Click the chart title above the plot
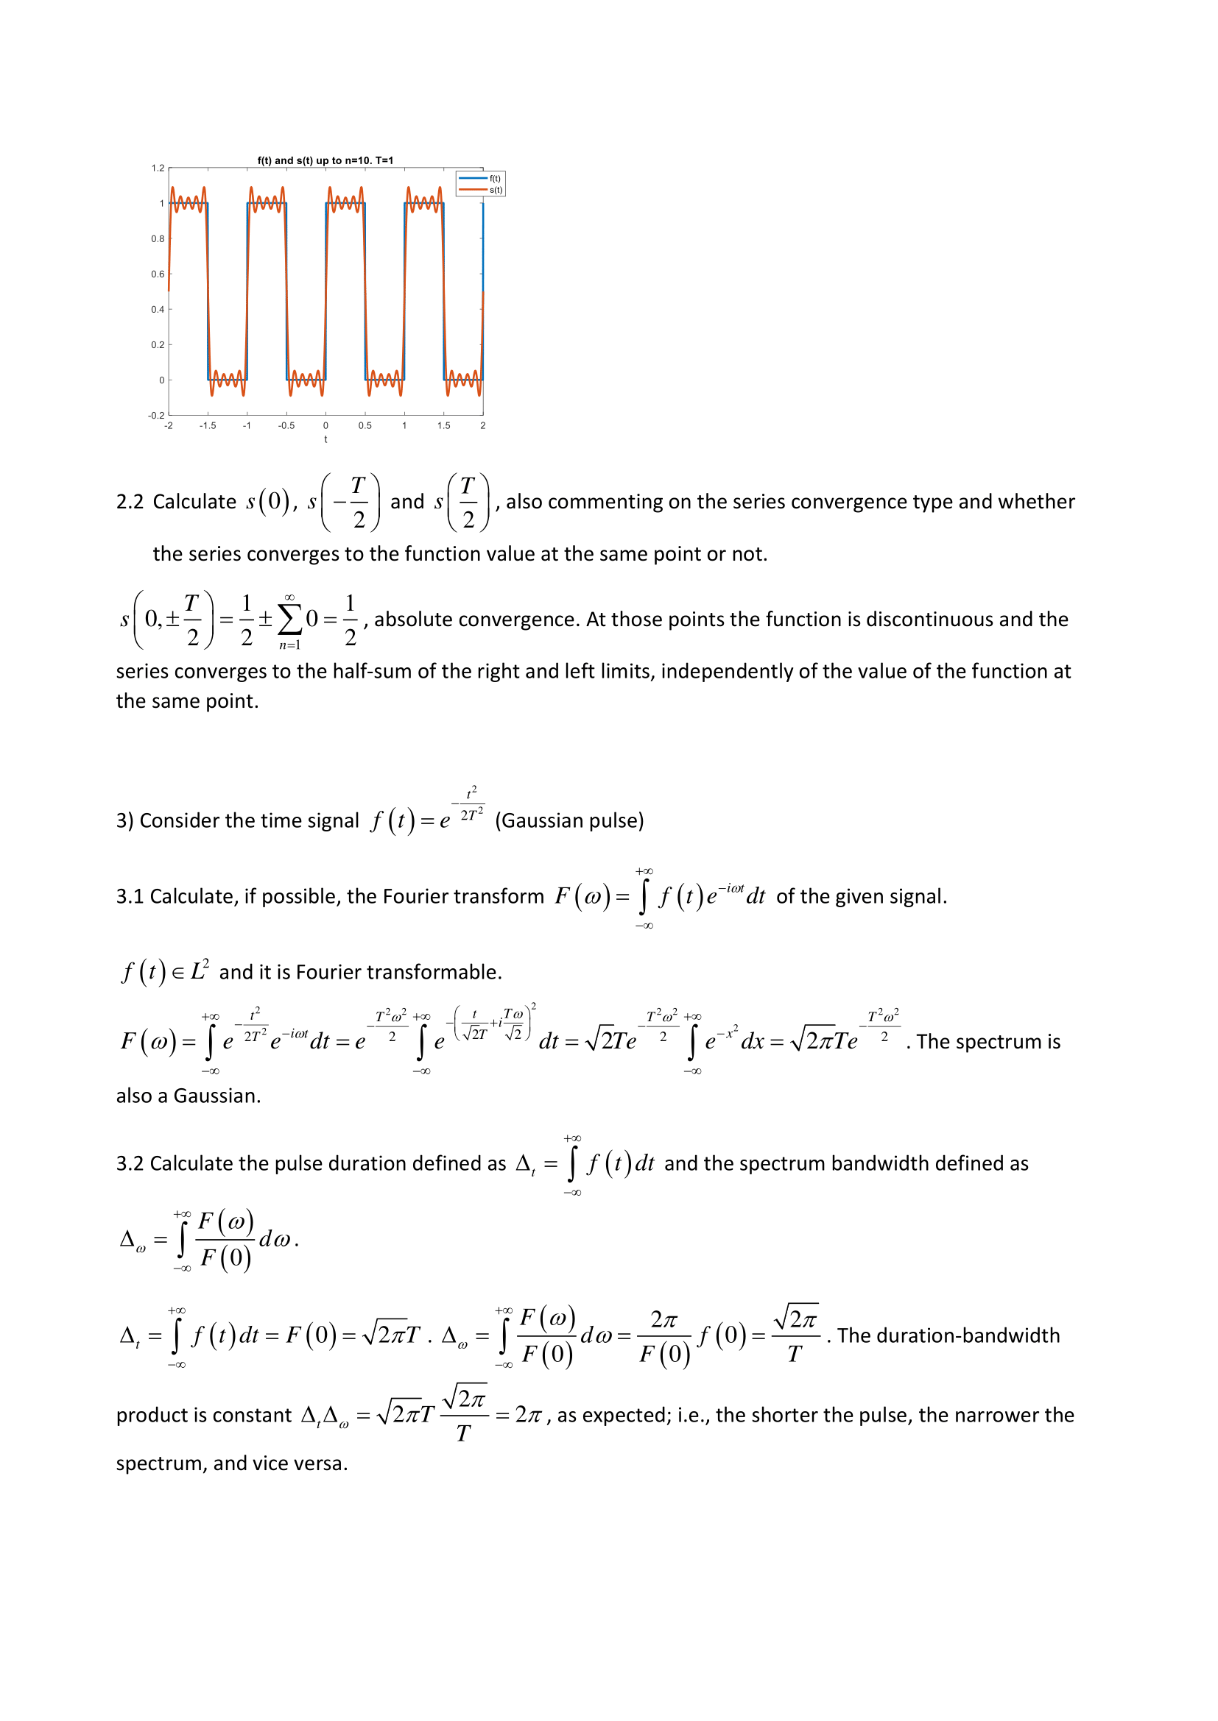pyautogui.click(x=325, y=160)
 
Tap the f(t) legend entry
pyautogui.click(x=495, y=178)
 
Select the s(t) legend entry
pyautogui.click(x=495, y=190)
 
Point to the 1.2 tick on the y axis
pyautogui.click(x=158, y=168)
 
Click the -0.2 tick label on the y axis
pyautogui.click(x=156, y=415)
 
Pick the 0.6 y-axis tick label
pyautogui.click(x=158, y=274)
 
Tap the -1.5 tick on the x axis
pyautogui.click(x=208, y=426)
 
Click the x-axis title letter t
pyautogui.click(x=325, y=439)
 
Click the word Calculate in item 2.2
pyautogui.click(x=194, y=502)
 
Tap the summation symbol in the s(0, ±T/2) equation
pyautogui.click(x=289, y=619)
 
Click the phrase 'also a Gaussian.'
pyautogui.click(x=189, y=1096)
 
